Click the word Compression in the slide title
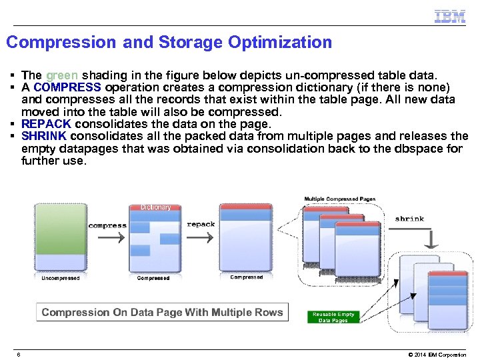pos(61,43)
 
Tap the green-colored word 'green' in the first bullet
pos(62,75)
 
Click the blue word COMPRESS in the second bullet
pos(67,87)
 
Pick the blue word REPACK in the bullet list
pos(46,124)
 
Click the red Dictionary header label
pos(155,207)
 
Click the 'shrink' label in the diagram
pos(409,219)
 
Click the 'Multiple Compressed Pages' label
pos(340,199)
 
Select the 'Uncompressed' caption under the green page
pos(61,278)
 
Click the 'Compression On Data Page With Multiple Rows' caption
pos(162,312)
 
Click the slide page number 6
pos(19,354)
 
